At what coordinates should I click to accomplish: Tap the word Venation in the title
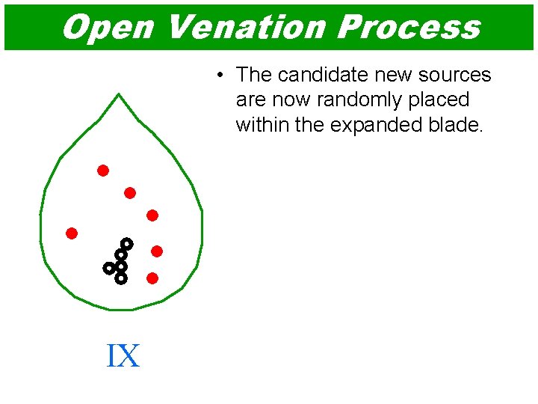pos(246,27)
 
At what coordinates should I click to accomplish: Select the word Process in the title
pos(408,27)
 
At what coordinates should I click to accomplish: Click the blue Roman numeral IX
pos(123,355)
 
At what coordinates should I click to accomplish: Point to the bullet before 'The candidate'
pos(220,76)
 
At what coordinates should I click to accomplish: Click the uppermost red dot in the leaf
pos(103,171)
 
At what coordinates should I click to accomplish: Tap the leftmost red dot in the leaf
pos(72,233)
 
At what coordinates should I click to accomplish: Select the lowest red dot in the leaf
pos(152,278)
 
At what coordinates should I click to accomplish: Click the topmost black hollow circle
pos(127,244)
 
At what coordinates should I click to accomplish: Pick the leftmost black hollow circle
pos(109,267)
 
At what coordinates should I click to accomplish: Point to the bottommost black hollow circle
pos(121,278)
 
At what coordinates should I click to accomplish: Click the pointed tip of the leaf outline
pos(119,94)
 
